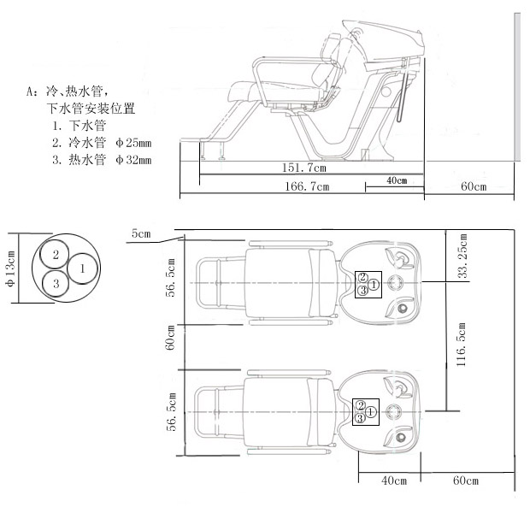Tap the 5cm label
141,233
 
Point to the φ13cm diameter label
10,268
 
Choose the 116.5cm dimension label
462,344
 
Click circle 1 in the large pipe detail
82,268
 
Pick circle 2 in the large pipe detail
56,255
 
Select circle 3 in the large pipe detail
56,283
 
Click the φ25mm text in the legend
132,142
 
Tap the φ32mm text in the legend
132,159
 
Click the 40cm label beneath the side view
396,180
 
